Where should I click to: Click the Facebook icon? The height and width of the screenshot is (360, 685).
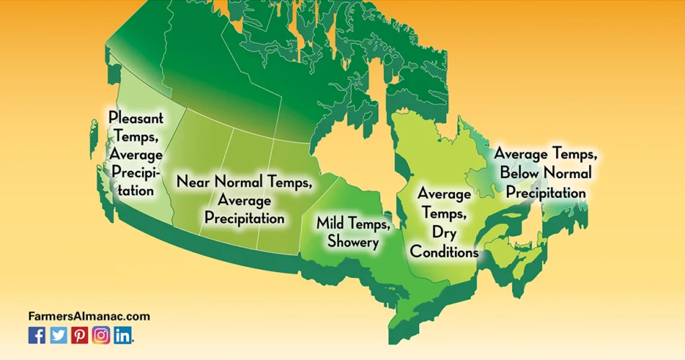[x=37, y=335]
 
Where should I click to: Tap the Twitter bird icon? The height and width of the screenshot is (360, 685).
[x=58, y=335]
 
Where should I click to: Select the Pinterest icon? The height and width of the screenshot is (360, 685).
[x=79, y=335]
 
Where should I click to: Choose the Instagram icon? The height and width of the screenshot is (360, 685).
[x=101, y=335]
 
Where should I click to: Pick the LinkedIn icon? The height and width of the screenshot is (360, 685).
[x=123, y=335]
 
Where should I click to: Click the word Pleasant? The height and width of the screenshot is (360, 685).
[x=136, y=117]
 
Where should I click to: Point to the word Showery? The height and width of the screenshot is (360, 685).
[x=353, y=242]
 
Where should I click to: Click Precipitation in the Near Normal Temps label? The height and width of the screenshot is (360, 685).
[x=244, y=217]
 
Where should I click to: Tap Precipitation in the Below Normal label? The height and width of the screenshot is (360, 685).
[x=545, y=193]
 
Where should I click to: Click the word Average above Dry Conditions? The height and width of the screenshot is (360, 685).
[x=445, y=194]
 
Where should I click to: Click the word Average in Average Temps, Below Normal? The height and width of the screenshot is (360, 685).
[x=525, y=154]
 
